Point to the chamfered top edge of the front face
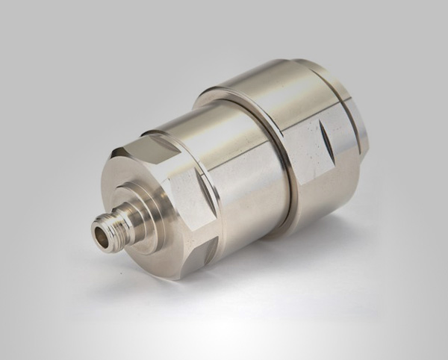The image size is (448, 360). [x=149, y=137]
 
